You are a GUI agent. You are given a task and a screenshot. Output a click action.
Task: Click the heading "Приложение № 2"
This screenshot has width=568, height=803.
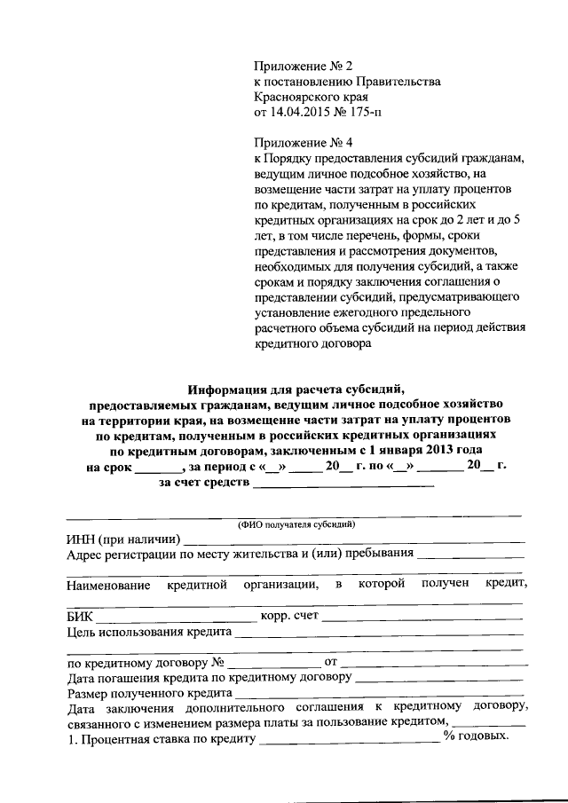[304, 67]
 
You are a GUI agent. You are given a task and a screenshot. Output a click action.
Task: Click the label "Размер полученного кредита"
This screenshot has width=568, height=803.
[149, 693]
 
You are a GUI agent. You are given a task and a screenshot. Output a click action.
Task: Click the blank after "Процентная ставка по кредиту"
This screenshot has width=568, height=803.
[349, 740]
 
